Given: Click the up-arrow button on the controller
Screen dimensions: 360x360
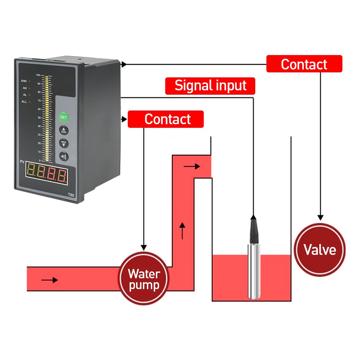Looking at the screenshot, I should pyautogui.click(x=64, y=130).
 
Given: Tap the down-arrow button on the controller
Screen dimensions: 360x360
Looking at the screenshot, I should pyautogui.click(x=64, y=143).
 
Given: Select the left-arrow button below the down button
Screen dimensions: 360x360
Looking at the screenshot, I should pyautogui.click(x=64, y=156).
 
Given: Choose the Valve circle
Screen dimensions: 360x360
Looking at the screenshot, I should pyautogui.click(x=320, y=249).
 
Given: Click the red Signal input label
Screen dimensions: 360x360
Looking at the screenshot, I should pyautogui.click(x=210, y=86).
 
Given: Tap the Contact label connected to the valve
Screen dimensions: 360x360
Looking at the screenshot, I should pyautogui.click(x=304, y=64).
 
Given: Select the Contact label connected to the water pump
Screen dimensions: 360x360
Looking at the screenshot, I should pyautogui.click(x=166, y=119).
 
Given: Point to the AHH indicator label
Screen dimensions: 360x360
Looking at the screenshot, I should pyautogui.click(x=24, y=81).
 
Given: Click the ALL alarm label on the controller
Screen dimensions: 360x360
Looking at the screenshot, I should pyautogui.click(x=24, y=102).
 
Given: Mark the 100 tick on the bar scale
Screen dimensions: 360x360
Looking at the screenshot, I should pyautogui.click(x=38, y=75).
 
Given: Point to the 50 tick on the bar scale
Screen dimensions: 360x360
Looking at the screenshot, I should pyautogui.click(x=39, y=118).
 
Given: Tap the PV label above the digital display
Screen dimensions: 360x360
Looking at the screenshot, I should pyautogui.click(x=22, y=163).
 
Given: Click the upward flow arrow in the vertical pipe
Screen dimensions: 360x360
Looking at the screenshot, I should pyautogui.click(x=183, y=231).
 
